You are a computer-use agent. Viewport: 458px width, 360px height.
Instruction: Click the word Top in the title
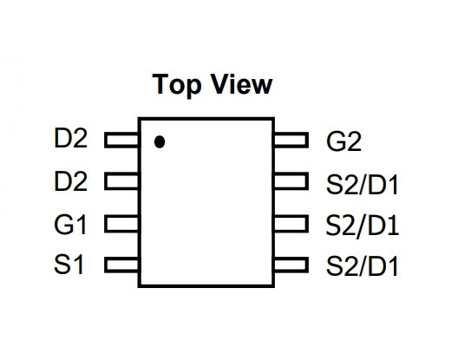(x=177, y=85)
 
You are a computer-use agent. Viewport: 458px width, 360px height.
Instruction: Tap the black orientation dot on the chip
(x=160, y=141)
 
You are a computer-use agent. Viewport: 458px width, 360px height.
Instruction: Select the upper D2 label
(x=70, y=138)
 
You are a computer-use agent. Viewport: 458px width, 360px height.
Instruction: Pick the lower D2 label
(x=70, y=181)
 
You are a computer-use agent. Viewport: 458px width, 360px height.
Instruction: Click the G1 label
(x=70, y=225)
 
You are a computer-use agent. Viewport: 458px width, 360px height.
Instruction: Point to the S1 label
(x=69, y=265)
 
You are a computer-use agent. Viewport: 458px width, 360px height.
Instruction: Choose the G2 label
(x=343, y=141)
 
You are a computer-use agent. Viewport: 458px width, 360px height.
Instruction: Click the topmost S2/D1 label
(x=363, y=185)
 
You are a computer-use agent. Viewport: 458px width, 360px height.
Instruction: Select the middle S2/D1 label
(x=363, y=226)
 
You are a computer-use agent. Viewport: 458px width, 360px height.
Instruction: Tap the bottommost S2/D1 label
(x=363, y=266)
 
